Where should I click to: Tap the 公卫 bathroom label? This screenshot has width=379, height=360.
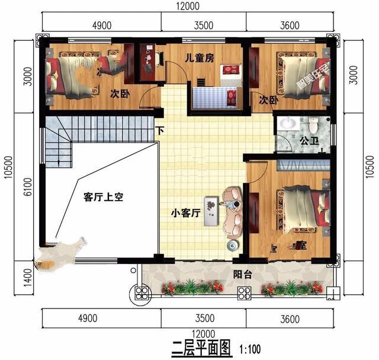point(309,142)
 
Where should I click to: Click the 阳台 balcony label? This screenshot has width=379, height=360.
point(240,274)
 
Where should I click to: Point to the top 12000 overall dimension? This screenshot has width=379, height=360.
point(187,7)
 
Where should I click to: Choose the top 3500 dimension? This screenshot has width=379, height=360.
point(203,25)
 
